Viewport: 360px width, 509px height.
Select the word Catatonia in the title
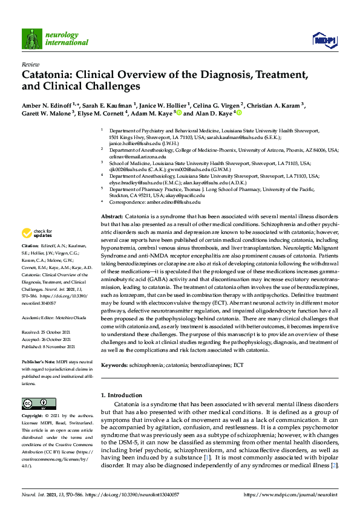[x=48, y=76]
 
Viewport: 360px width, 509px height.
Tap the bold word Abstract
[x=111, y=216]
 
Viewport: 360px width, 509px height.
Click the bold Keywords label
[x=116, y=366]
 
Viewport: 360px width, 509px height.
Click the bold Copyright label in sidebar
[x=33, y=417]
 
